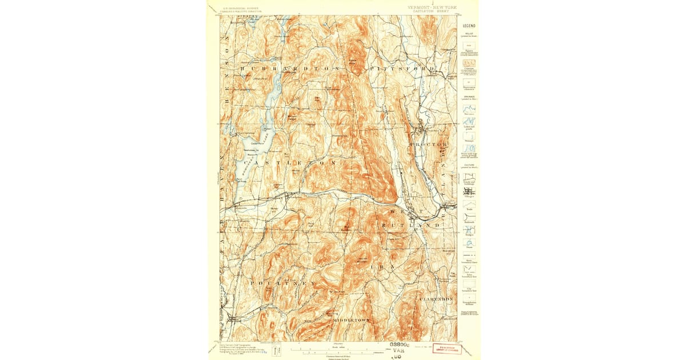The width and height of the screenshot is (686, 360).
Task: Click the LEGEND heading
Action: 469,26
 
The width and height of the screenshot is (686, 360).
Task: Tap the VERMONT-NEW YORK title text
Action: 432,8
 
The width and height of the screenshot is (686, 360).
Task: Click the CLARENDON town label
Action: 436,299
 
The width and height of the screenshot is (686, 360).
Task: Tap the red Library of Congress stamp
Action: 447,349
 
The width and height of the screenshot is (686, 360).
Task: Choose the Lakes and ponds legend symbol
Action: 469,122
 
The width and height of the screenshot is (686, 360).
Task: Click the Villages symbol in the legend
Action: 469,192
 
